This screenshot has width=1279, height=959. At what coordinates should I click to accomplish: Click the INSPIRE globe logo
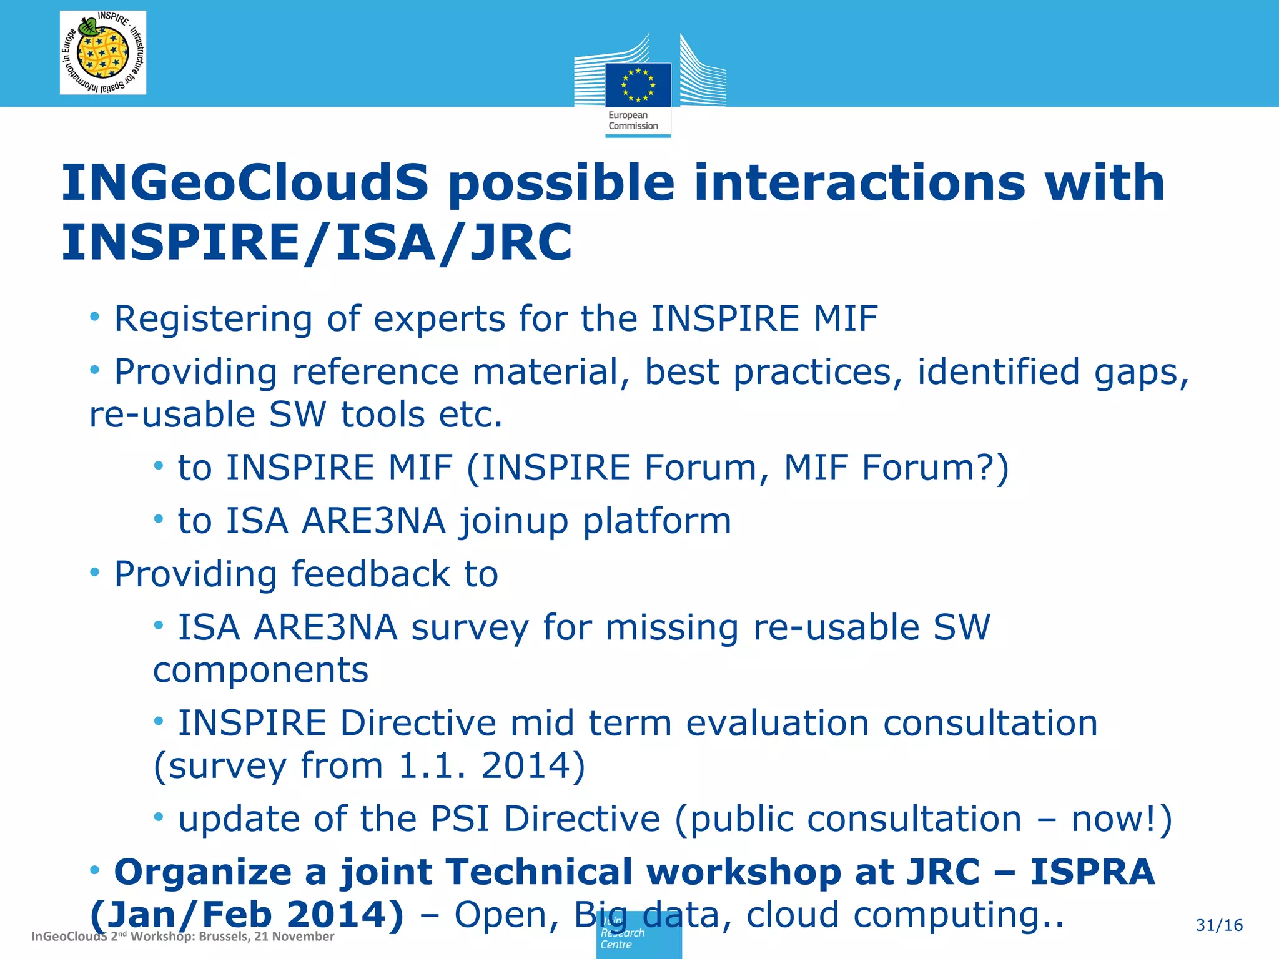pos(103,52)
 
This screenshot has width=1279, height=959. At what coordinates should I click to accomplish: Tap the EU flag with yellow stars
pos(638,85)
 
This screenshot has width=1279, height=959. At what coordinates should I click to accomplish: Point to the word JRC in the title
pos(521,242)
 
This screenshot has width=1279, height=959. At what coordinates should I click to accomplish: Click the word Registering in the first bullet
pos(212,319)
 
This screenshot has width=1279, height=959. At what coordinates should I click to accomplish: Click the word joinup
pos(513,521)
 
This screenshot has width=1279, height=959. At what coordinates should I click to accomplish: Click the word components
pos(260,670)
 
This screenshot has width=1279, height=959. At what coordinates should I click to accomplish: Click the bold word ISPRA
pos(1092,872)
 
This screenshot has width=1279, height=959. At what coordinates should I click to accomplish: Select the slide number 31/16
pos(1219,925)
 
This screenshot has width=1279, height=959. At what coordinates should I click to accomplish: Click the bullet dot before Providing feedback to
pos(95,571)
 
